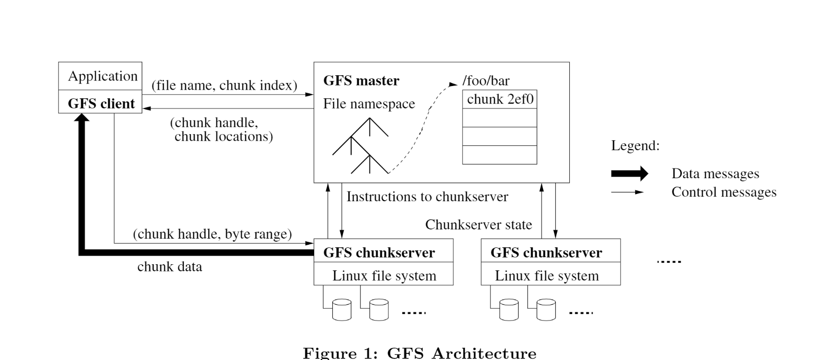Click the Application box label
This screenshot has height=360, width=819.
click(x=102, y=76)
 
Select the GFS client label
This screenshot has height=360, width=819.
click(x=101, y=103)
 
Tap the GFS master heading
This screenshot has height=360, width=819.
click(x=361, y=81)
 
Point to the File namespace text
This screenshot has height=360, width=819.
click(x=369, y=104)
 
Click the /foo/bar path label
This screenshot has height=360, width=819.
click(x=486, y=81)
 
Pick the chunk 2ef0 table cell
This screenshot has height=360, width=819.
click(x=500, y=99)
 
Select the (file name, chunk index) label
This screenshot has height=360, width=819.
click(x=224, y=85)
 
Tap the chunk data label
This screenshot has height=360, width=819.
click(x=169, y=267)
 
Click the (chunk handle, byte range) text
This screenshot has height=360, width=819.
click(x=212, y=234)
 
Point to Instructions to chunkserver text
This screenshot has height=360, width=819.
click(x=427, y=197)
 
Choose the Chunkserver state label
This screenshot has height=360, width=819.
click(x=478, y=225)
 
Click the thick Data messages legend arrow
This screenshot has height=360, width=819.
click(x=629, y=174)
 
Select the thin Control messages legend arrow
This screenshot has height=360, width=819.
click(x=627, y=193)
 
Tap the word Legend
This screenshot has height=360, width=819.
click(x=635, y=146)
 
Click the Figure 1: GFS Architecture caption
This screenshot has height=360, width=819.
click(x=420, y=353)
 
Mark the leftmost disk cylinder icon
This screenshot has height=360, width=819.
click(x=341, y=310)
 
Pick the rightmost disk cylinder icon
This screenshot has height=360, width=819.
click(x=546, y=310)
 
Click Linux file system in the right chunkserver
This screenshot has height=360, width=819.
click(x=547, y=276)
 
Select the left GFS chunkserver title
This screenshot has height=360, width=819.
click(x=379, y=253)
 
